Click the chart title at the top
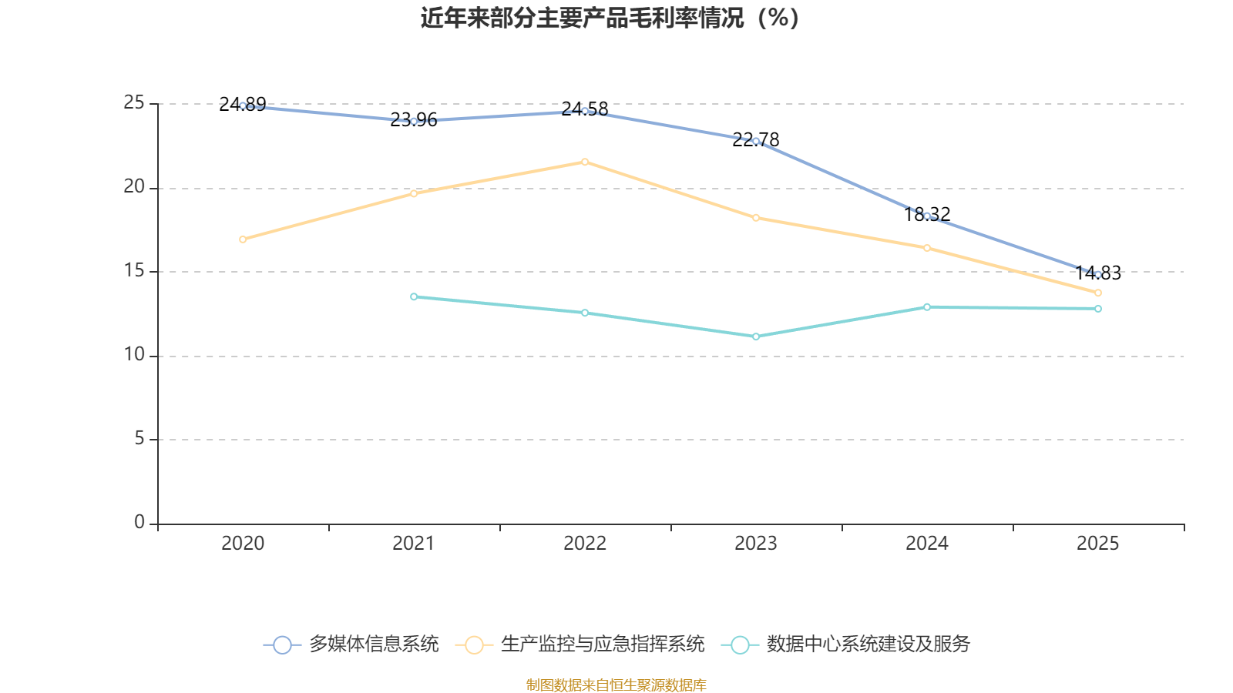[x=610, y=18]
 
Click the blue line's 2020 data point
[x=243, y=105]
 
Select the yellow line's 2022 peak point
[x=585, y=162]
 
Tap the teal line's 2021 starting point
[x=414, y=296]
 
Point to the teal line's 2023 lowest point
[x=756, y=336]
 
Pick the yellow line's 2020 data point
[x=243, y=239]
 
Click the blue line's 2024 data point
[x=927, y=216]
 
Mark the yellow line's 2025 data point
[x=1098, y=293]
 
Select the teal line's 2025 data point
[x=1098, y=309]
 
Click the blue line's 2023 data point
[x=756, y=141]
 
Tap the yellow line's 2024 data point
[x=927, y=248]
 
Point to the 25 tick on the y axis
[x=134, y=102]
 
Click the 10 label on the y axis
[x=134, y=354]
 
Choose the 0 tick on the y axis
[x=139, y=522]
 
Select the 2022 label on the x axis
[x=585, y=544]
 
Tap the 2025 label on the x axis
[x=1098, y=544]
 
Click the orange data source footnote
[x=616, y=685]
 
